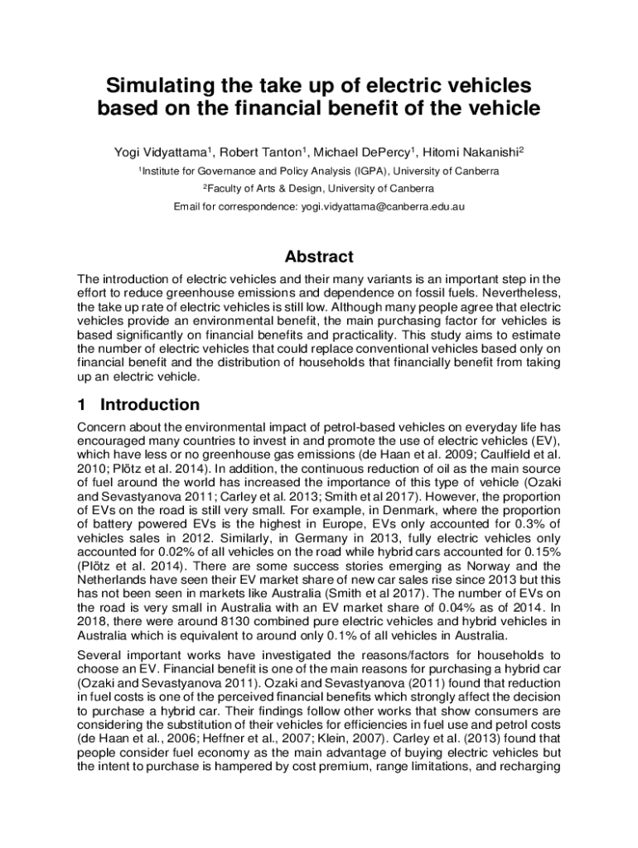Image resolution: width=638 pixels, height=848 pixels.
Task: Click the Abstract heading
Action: click(319, 257)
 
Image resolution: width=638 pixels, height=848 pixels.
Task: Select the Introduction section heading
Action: click(149, 405)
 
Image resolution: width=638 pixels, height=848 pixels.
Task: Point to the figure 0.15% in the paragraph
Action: click(539, 531)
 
